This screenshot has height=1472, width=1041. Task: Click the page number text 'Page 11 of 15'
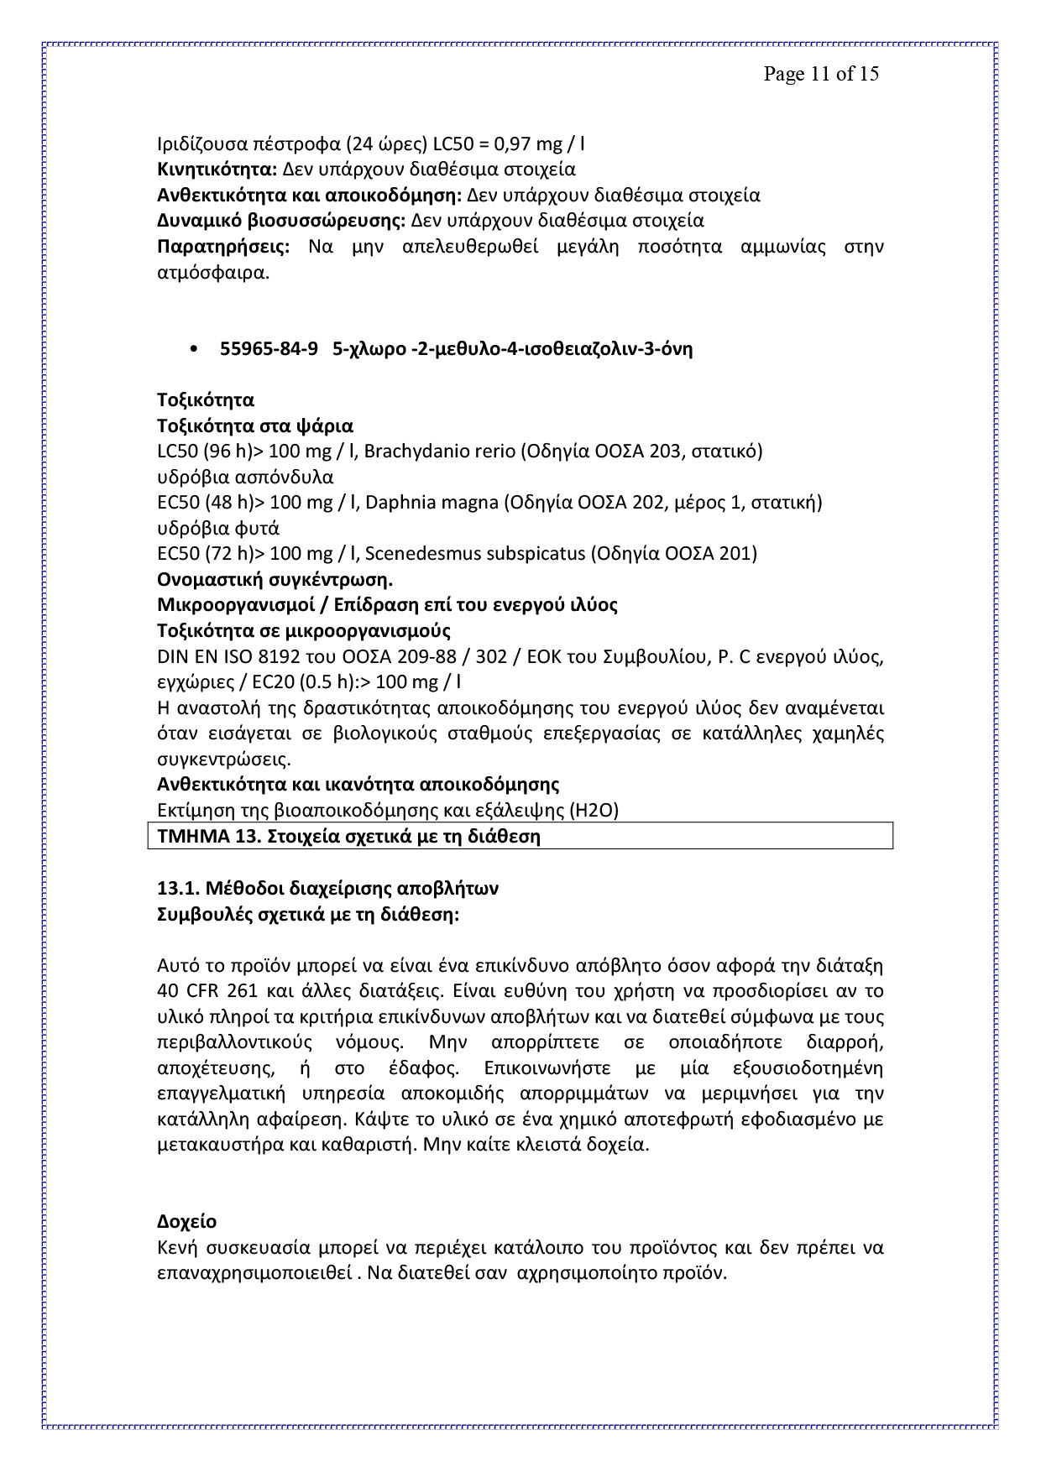820,74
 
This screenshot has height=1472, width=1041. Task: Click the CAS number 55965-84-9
269,349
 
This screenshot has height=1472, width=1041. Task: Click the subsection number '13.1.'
180,888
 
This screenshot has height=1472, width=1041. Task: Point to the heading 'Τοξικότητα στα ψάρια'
255,426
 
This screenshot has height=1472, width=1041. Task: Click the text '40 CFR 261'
207,991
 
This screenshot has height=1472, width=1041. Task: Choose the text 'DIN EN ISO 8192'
222,656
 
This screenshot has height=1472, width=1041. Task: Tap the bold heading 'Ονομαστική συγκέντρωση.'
275,580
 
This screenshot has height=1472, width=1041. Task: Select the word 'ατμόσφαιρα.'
213,273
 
